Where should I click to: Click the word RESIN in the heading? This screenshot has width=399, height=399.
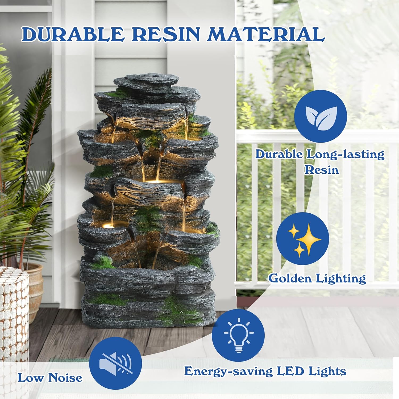[165, 34]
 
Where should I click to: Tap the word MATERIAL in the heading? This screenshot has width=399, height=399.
[266, 34]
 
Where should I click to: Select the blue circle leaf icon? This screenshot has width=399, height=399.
[321, 116]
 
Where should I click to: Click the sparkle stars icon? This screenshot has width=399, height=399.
[302, 239]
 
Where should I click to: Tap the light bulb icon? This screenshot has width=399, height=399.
[238, 335]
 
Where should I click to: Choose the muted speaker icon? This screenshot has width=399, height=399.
[115, 363]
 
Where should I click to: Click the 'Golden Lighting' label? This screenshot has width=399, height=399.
[317, 279]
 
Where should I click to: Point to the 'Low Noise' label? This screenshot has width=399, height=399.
[50, 378]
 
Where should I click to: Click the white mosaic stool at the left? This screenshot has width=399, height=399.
[14, 314]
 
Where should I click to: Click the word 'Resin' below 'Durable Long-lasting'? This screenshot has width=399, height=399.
[322, 170]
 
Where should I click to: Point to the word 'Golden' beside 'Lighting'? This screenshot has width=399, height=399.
[290, 278]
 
